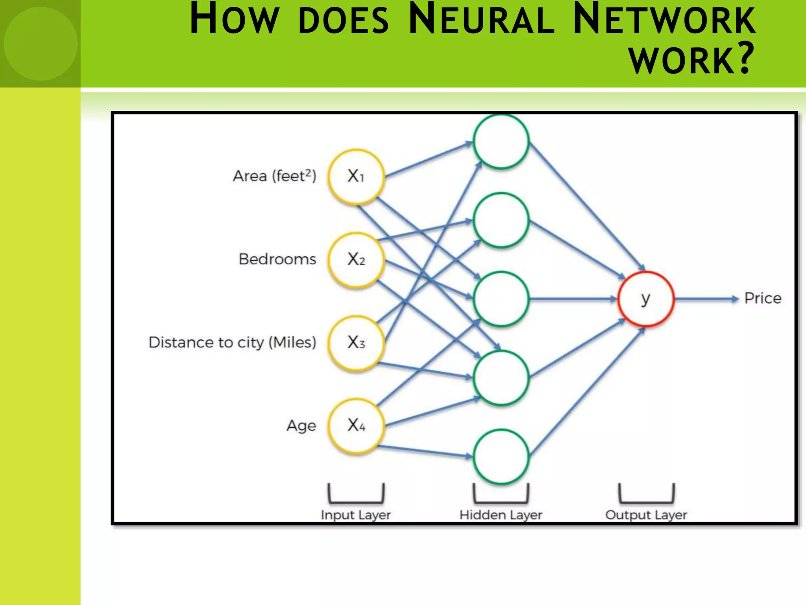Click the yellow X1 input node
point(356,176)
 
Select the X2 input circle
point(356,260)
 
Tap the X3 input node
point(356,343)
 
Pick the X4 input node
point(356,426)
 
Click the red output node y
point(645,299)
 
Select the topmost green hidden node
point(501,141)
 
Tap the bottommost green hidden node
point(501,457)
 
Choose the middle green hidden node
point(501,299)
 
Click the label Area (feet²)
point(274,176)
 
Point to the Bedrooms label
point(277,260)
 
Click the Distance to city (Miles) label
point(232,343)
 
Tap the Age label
point(301,426)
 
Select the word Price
point(762,299)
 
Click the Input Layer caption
point(355,515)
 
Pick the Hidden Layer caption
point(501,515)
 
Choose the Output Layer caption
point(646,515)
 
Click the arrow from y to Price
point(706,299)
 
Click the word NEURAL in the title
point(481,20)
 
